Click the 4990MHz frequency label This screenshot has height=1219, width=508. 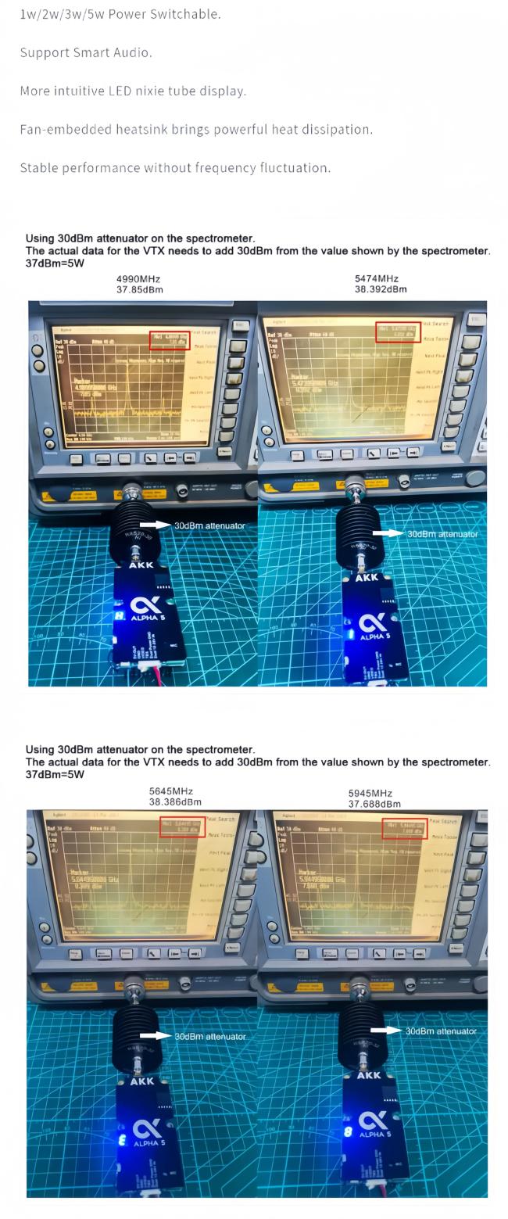139,278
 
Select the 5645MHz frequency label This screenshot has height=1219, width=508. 170,791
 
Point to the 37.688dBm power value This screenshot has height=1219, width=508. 374,804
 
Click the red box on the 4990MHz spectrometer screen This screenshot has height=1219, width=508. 170,340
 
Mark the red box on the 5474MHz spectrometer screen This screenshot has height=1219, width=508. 398,332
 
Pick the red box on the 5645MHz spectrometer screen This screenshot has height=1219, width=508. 182,826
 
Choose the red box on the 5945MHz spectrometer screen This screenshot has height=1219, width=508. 405,828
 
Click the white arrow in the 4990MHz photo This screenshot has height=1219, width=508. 155,525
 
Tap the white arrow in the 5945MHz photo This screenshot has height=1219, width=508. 385,1031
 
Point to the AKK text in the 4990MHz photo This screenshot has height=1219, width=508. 141,564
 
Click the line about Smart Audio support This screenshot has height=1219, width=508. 86,52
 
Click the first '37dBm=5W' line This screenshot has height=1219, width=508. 55,264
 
